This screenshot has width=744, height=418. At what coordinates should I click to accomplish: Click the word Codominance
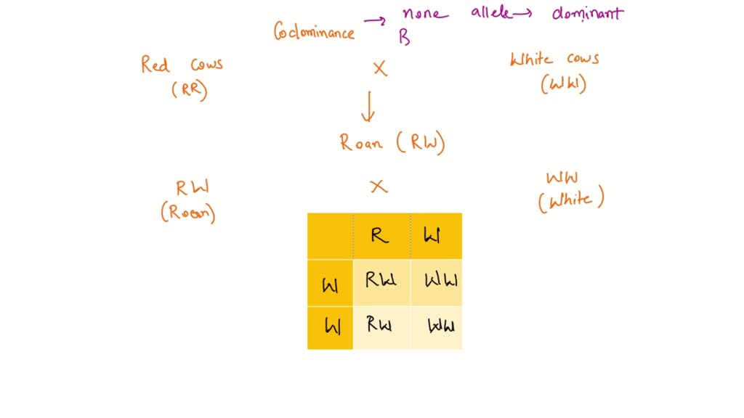(x=314, y=32)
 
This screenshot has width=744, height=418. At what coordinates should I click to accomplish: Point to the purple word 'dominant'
(x=587, y=13)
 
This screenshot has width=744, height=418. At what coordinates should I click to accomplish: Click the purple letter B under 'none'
(x=404, y=38)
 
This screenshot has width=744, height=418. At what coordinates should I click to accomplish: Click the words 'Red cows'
(x=182, y=65)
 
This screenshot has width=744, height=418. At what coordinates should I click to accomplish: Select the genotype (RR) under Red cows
(x=189, y=90)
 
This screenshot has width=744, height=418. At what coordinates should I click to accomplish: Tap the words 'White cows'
(x=554, y=60)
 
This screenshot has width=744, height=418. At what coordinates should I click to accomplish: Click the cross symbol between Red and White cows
(x=380, y=70)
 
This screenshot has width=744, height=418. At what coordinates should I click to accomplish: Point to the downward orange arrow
(x=368, y=106)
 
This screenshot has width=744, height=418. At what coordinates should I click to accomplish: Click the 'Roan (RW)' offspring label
(x=392, y=142)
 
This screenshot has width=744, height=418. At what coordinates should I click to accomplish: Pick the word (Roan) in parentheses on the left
(x=188, y=213)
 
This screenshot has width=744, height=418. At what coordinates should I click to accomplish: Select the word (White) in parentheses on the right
(x=571, y=200)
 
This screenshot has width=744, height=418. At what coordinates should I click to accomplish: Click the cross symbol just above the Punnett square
(x=378, y=187)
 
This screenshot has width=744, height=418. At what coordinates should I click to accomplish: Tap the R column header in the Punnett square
(x=380, y=236)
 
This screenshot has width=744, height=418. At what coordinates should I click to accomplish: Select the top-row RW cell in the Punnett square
(x=381, y=281)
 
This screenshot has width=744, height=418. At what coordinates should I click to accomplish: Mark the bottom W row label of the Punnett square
(x=331, y=328)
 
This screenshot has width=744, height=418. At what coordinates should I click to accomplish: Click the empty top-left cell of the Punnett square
(x=330, y=236)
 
